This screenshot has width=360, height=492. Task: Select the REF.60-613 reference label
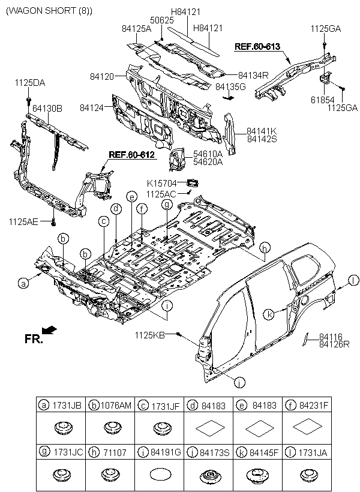(x=257, y=46)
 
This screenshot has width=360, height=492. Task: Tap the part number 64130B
(x=47, y=109)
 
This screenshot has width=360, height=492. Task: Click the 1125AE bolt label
(x=23, y=222)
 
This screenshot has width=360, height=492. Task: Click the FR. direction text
(x=34, y=339)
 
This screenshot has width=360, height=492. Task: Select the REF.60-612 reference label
(x=131, y=155)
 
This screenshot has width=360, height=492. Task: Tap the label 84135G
(x=230, y=86)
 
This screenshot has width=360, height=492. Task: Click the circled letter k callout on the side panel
(x=271, y=313)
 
